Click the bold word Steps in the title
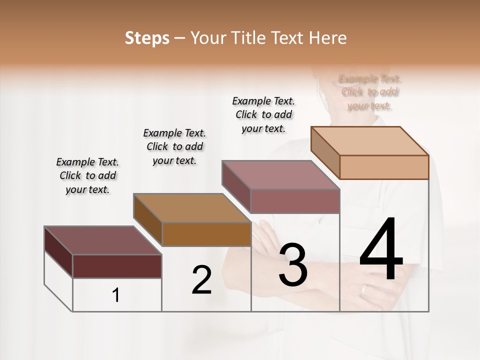pos(147,38)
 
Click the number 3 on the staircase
pos(292,265)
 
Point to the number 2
pos(201,280)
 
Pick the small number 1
pos(116,295)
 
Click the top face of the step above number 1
pos(103,240)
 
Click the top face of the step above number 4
pos(370,141)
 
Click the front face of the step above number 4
pos(384,167)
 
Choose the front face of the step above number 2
pos(206,234)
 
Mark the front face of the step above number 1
pos(117,266)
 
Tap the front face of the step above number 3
pos(295,201)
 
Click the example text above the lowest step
pos(88,175)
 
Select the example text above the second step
pos(174,146)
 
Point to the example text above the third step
pos(263,114)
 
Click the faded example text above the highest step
pos(369,92)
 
